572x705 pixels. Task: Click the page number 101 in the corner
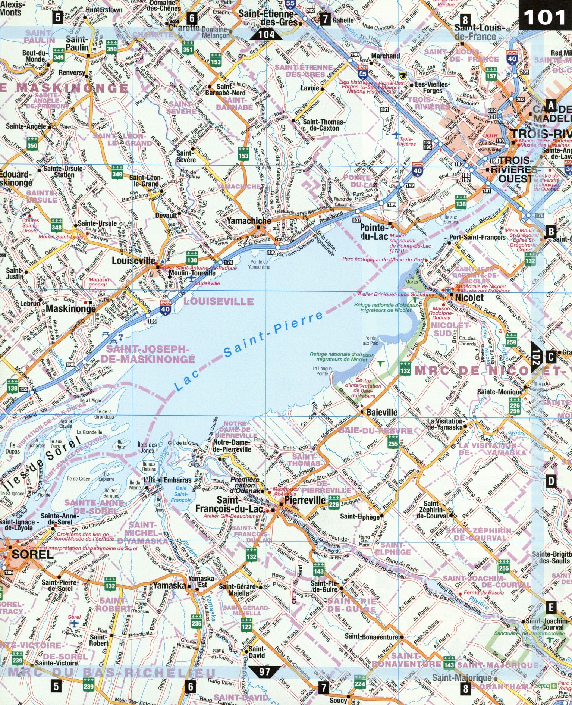pos(545,17)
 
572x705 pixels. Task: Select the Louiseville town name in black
pos(133,260)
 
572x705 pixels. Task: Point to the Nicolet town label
pos(469,297)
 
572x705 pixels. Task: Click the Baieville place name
pos(381,412)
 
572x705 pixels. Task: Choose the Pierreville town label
pos(305,500)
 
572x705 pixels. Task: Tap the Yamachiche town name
pos(249,220)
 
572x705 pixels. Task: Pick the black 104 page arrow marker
pos(266,35)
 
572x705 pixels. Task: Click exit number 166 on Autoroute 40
pos(152,321)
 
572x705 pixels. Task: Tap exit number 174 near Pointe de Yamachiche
pos(228,263)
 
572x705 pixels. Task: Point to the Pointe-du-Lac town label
pos(374,232)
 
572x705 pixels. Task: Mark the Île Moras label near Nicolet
pos(411,279)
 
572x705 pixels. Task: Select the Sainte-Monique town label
pos(500,392)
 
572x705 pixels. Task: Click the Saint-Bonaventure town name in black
pos(371,636)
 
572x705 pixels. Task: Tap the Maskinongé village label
pos(70,308)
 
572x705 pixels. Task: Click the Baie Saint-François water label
pos(181,494)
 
